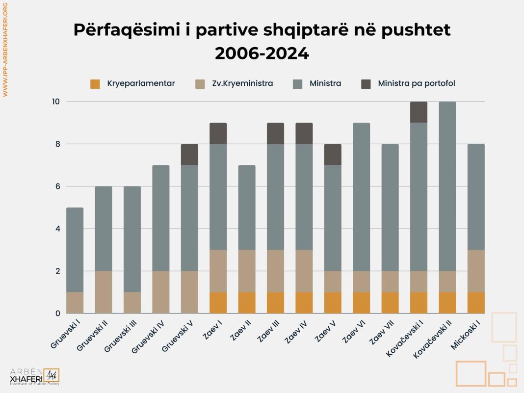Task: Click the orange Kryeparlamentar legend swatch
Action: pyautogui.click(x=96, y=84)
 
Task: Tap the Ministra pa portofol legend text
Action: pyautogui.click(x=416, y=84)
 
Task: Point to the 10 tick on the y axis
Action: pyautogui.click(x=55, y=102)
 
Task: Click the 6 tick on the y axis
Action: pyautogui.click(x=57, y=186)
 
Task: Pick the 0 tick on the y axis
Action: pyautogui.click(x=57, y=313)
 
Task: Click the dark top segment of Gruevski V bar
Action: pyautogui.click(x=189, y=155)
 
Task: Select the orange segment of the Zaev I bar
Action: pyautogui.click(x=218, y=303)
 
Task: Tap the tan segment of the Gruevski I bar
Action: pyautogui.click(x=75, y=303)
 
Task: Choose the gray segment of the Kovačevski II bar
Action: pyautogui.click(x=447, y=186)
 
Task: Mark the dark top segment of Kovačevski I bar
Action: pyautogui.click(x=419, y=112)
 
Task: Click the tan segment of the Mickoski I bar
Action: pyautogui.click(x=476, y=271)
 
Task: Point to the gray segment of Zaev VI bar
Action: pyautogui.click(x=361, y=197)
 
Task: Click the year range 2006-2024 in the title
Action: pyautogui.click(x=262, y=53)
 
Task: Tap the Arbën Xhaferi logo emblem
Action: pyautogui.click(x=51, y=376)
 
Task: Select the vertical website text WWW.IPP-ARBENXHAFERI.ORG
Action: pyautogui.click(x=5, y=49)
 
